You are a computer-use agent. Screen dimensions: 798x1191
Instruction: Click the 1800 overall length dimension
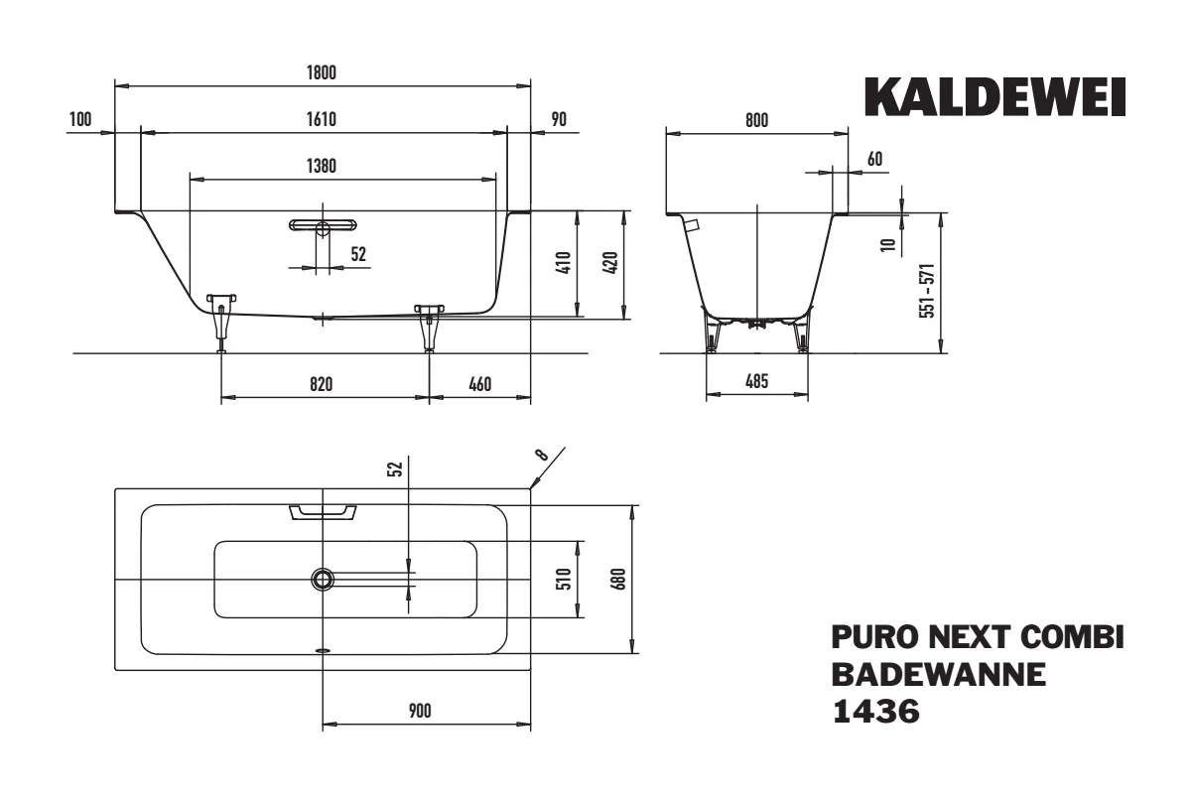(323, 71)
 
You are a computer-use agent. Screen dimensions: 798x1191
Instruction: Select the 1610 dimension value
(323, 120)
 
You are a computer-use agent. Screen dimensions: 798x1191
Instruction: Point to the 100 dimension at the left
(80, 120)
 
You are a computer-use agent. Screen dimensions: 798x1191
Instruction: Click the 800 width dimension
(756, 120)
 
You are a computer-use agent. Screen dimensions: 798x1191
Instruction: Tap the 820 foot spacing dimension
(322, 383)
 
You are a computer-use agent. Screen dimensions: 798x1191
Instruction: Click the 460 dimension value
(480, 383)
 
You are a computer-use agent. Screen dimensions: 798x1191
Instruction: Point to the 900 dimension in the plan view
(420, 711)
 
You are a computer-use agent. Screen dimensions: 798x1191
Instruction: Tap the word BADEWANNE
(938, 674)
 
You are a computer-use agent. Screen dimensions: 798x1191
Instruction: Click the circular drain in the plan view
(323, 579)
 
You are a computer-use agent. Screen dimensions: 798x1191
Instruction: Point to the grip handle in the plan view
(323, 511)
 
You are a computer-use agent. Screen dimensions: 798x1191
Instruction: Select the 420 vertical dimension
(610, 264)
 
